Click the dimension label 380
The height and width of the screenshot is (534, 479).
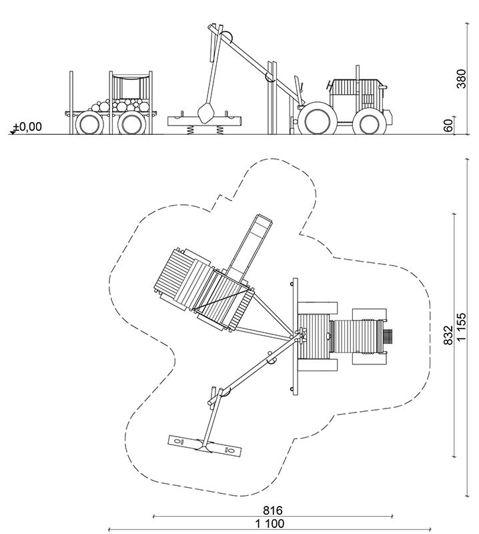pyautogui.click(x=461, y=79)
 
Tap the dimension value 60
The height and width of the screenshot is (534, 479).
pyautogui.click(x=449, y=125)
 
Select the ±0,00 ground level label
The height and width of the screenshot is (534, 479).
pyautogui.click(x=28, y=127)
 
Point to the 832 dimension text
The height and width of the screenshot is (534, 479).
pyautogui.click(x=448, y=335)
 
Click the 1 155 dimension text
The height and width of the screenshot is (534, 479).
pyautogui.click(x=461, y=326)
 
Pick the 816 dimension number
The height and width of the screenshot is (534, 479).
pyautogui.click(x=273, y=510)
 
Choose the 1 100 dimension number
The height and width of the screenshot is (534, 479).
pyautogui.click(x=270, y=523)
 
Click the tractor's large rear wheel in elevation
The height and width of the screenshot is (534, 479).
pyautogui.click(x=317, y=118)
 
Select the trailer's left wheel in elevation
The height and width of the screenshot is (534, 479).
pyautogui.click(x=89, y=123)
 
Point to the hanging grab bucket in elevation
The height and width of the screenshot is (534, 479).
pyautogui.click(x=205, y=113)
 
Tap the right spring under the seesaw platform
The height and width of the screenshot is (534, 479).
pyautogui.click(x=219, y=129)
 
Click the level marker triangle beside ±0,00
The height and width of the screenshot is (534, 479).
pyautogui.click(x=13, y=131)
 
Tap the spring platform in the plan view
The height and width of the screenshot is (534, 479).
pyautogui.click(x=205, y=446)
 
